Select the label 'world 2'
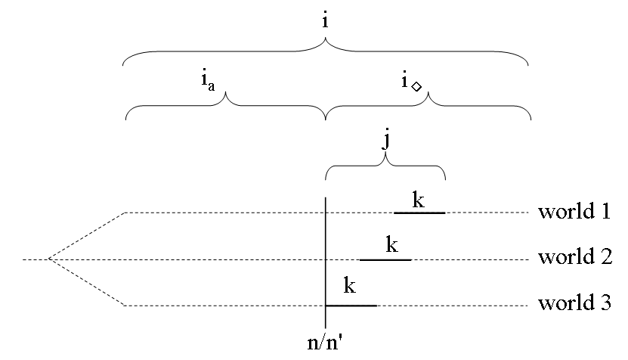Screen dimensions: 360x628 point(574,258)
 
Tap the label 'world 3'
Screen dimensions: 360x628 point(574,304)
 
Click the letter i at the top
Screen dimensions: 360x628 point(325,21)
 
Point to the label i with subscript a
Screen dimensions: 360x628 point(207,80)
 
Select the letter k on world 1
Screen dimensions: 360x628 point(419,200)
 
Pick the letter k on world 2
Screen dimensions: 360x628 point(392,245)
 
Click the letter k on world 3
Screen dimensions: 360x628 point(350,287)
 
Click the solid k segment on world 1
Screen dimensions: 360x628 point(419,213)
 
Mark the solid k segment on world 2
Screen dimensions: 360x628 point(385,260)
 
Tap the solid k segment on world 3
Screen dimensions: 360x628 point(351,306)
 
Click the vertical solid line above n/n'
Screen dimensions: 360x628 point(326,250)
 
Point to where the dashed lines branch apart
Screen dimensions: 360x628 point(49,259)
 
